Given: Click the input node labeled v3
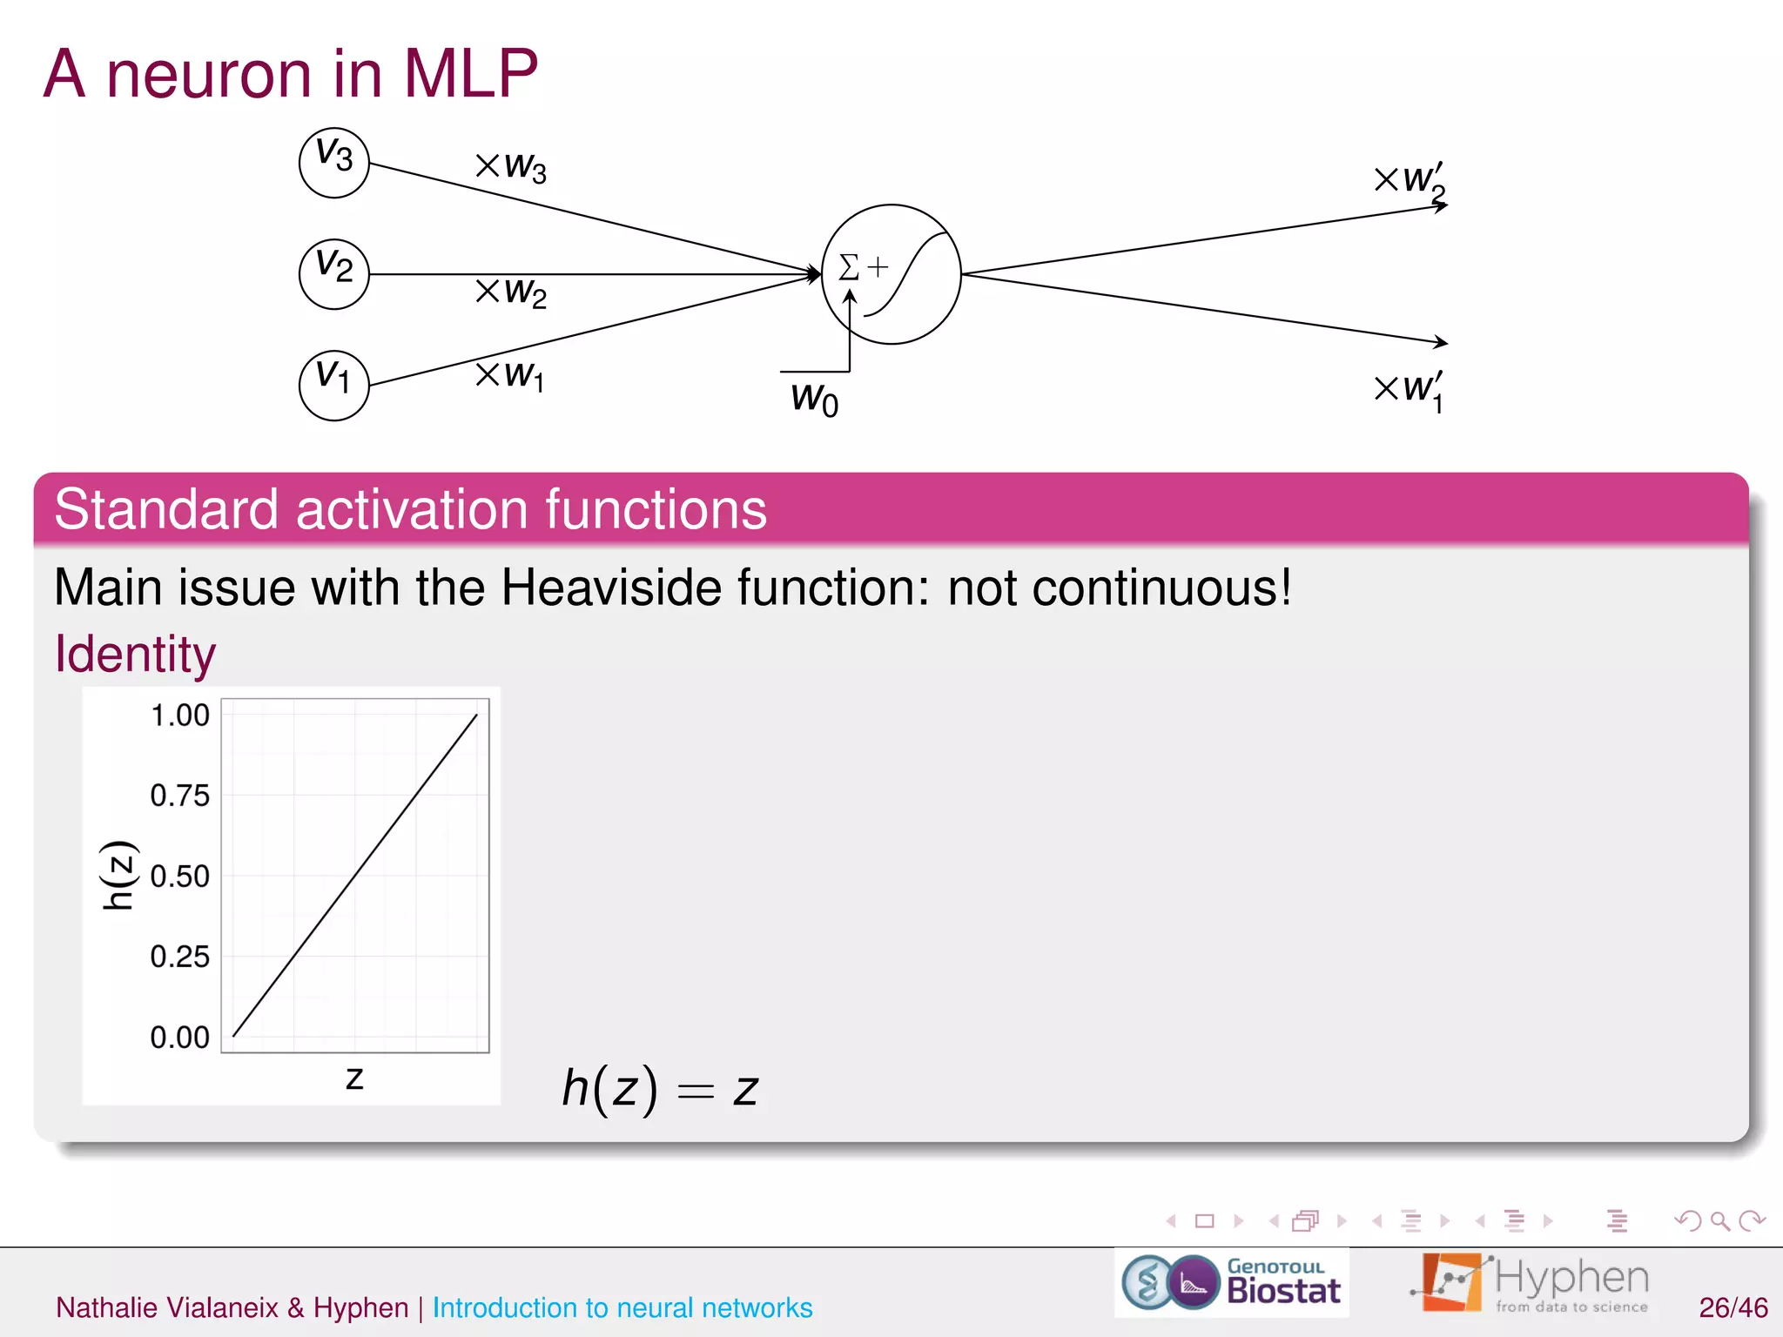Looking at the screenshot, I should point(333,163).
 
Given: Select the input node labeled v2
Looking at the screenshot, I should point(333,273).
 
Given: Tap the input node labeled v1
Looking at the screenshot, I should point(333,385).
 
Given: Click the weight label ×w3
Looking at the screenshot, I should point(511,165).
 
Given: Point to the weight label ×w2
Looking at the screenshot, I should point(511,292).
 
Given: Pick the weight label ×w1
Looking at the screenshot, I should point(510,375).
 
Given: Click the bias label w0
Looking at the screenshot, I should point(814,399).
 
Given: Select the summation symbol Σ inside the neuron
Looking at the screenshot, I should point(849,266).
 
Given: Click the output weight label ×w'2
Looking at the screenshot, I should point(1410,181).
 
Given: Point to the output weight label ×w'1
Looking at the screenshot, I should point(1410,390).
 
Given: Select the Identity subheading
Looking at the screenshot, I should point(135,654).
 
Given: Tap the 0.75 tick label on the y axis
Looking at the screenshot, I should point(179,796).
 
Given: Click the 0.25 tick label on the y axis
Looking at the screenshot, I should point(179,957).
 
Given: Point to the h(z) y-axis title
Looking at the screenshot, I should point(118,875).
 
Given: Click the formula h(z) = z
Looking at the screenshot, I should point(660,1089).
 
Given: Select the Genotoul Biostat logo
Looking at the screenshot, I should point(1231,1283).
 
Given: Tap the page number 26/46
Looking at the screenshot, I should point(1733,1307).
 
